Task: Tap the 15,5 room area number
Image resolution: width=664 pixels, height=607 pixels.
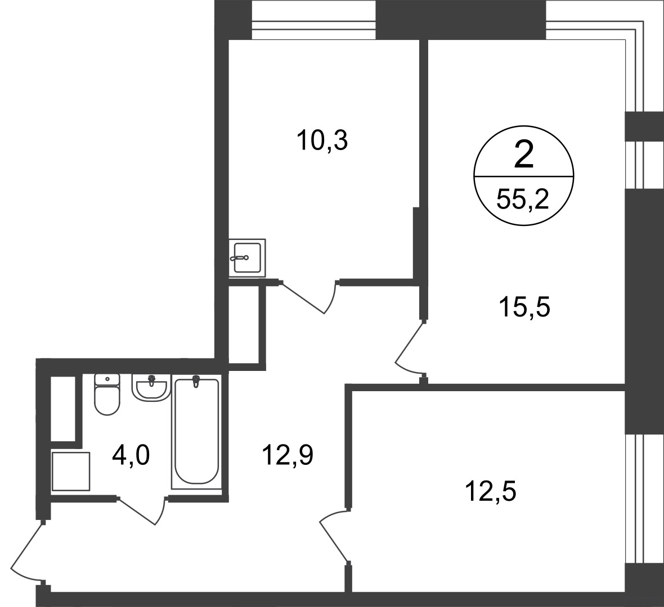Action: click(524, 307)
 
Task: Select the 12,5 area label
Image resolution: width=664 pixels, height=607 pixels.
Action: click(490, 492)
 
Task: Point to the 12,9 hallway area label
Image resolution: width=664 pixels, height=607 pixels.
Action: click(288, 455)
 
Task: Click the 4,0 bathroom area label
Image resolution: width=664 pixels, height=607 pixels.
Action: click(131, 455)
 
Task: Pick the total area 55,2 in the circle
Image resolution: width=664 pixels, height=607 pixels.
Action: click(523, 199)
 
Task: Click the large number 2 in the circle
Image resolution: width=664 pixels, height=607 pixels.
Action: click(523, 155)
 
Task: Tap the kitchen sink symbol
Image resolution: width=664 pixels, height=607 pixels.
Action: click(247, 257)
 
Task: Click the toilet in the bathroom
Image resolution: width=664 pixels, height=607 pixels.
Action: click(107, 394)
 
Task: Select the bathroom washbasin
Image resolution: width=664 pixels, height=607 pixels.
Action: click(151, 387)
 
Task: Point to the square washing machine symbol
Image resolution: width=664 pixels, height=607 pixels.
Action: click(71, 471)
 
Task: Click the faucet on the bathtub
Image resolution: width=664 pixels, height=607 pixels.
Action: click(196, 380)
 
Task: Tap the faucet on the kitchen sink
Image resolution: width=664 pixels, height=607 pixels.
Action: click(239, 257)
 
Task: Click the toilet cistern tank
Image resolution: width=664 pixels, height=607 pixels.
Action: click(107, 379)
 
